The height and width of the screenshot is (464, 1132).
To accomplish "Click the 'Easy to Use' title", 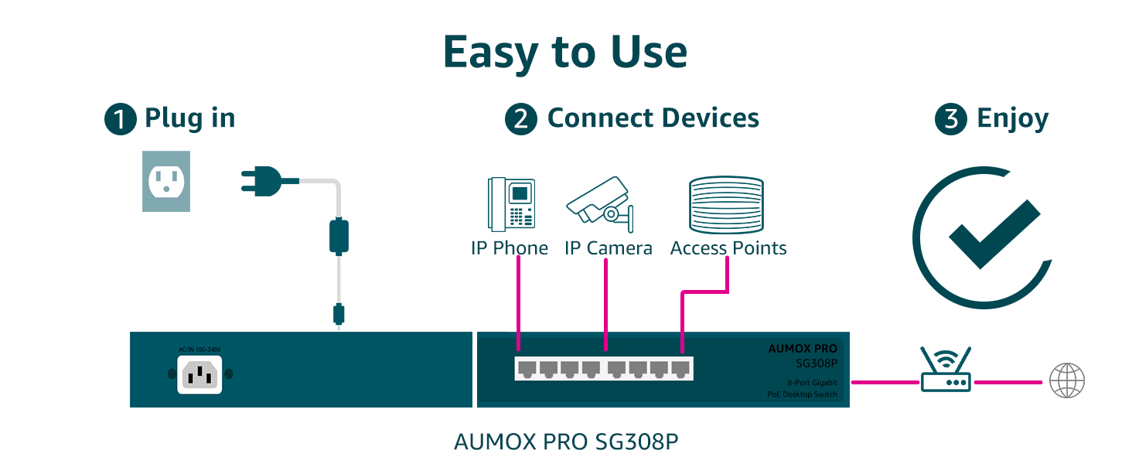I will [565, 53].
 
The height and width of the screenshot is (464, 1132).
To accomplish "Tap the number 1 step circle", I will [121, 120].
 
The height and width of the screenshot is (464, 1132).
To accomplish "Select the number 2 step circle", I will [521, 120].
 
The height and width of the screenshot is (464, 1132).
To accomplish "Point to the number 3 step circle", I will [951, 120].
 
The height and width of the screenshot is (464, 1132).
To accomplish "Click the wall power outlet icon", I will [166, 182].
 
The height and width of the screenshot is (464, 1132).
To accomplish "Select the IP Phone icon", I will [511, 203].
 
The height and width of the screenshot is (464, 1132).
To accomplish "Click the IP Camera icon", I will [601, 203].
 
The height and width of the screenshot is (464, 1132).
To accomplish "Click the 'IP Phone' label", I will [510, 248].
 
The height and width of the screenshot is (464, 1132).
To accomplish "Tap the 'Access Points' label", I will [728, 248].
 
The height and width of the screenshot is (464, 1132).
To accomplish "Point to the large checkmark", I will [994, 233].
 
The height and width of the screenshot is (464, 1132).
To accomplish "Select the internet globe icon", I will [1067, 381].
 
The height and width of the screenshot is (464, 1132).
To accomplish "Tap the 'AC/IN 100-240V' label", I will [200, 350].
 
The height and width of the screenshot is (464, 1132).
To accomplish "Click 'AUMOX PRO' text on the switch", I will [803, 349].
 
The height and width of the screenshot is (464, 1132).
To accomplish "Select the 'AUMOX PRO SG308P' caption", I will [566, 442].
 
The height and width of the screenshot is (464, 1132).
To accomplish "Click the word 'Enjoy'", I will [1013, 120].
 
